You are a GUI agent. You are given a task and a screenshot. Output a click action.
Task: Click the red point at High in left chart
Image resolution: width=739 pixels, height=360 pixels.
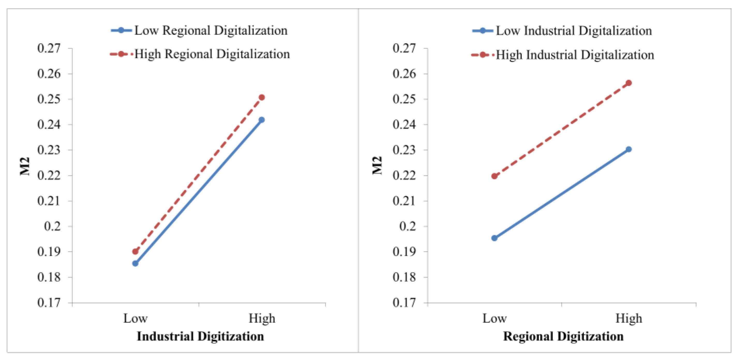tap(262, 97)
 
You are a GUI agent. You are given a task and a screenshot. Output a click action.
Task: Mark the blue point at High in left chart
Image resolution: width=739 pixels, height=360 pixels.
tap(262, 120)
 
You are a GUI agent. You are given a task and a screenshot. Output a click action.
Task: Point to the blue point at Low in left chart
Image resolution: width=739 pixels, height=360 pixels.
tap(135, 263)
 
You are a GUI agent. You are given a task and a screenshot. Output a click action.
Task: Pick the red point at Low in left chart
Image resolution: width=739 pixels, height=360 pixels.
tap(135, 252)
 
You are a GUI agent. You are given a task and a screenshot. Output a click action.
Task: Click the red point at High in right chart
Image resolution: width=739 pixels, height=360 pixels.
tap(629, 83)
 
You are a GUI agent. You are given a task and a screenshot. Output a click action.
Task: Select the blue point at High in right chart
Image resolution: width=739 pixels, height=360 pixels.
tap(629, 149)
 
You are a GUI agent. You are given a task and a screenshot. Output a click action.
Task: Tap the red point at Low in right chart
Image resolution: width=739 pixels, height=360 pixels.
tap(494, 176)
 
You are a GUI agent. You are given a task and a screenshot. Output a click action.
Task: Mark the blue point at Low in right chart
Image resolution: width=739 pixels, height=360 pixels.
tap(494, 238)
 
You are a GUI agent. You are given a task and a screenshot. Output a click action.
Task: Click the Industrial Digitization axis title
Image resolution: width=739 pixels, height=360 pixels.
tap(200, 336)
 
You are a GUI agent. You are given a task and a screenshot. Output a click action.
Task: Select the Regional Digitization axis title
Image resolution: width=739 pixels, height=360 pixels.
tap(563, 336)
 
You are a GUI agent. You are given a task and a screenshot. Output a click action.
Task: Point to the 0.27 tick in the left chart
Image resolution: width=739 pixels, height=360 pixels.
tap(49, 48)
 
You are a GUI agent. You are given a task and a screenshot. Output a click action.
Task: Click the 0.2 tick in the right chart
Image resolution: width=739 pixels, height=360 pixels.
tap(407, 226)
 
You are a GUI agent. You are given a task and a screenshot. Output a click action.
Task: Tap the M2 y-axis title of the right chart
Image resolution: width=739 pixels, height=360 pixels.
tap(377, 166)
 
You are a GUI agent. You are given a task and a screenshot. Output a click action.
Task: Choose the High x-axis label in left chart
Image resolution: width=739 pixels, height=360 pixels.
tap(262, 318)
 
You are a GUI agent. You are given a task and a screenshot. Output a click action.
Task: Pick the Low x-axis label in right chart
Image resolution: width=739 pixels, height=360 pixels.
tap(494, 318)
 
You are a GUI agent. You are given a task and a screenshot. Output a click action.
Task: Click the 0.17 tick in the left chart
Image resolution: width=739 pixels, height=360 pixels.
tap(49, 303)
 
